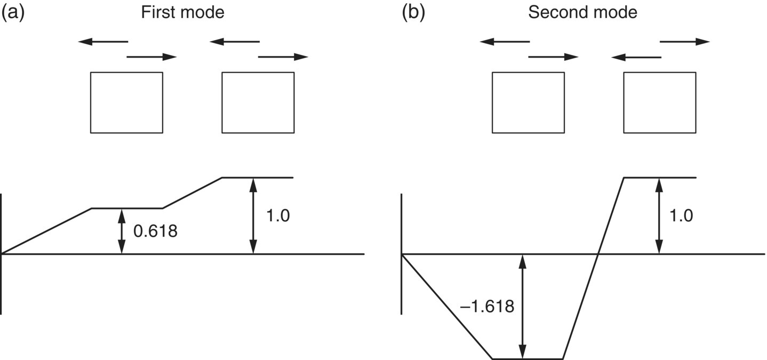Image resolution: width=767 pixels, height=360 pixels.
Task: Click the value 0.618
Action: pyautogui.click(x=155, y=231)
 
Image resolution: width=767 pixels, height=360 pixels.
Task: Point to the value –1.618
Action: pyautogui.click(x=487, y=307)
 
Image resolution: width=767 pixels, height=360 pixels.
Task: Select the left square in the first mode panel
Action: pyautogui.click(x=126, y=102)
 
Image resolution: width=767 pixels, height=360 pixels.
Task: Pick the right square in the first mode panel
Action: pyautogui.click(x=258, y=102)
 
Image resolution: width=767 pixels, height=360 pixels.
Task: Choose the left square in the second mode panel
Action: pyautogui.click(x=528, y=102)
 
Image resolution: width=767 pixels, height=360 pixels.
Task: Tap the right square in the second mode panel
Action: pyautogui.click(x=659, y=102)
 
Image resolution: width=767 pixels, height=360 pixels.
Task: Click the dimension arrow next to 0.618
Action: pyautogui.click(x=122, y=231)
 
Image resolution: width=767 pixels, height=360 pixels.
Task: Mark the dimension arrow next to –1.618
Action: pyautogui.click(x=523, y=306)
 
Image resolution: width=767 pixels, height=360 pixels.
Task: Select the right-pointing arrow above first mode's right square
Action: pyautogui.click(x=283, y=57)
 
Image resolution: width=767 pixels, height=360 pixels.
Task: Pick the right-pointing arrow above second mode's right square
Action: pyautogui.click(x=685, y=42)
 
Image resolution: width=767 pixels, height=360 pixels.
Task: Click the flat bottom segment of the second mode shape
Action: pyautogui.click(x=527, y=358)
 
